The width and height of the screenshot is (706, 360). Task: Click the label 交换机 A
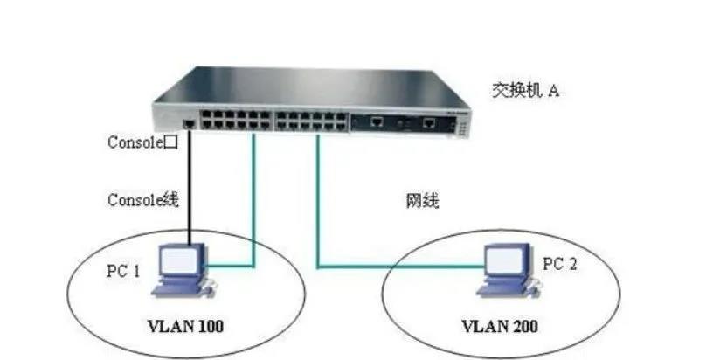click(525, 91)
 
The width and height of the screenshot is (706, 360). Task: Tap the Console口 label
click(142, 142)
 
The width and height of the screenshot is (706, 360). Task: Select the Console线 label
click(143, 199)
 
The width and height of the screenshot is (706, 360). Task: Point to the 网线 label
click(422, 200)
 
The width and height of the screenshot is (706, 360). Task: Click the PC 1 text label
click(123, 271)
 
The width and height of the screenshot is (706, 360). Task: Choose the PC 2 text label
click(560, 264)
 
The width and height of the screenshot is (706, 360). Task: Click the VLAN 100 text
click(185, 326)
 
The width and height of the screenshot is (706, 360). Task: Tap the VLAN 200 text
click(500, 326)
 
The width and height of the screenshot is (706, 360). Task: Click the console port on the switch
click(189, 124)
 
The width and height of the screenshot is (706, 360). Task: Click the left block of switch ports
click(236, 120)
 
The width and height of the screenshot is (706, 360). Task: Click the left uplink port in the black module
click(377, 121)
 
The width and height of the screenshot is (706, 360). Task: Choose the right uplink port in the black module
click(430, 121)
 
